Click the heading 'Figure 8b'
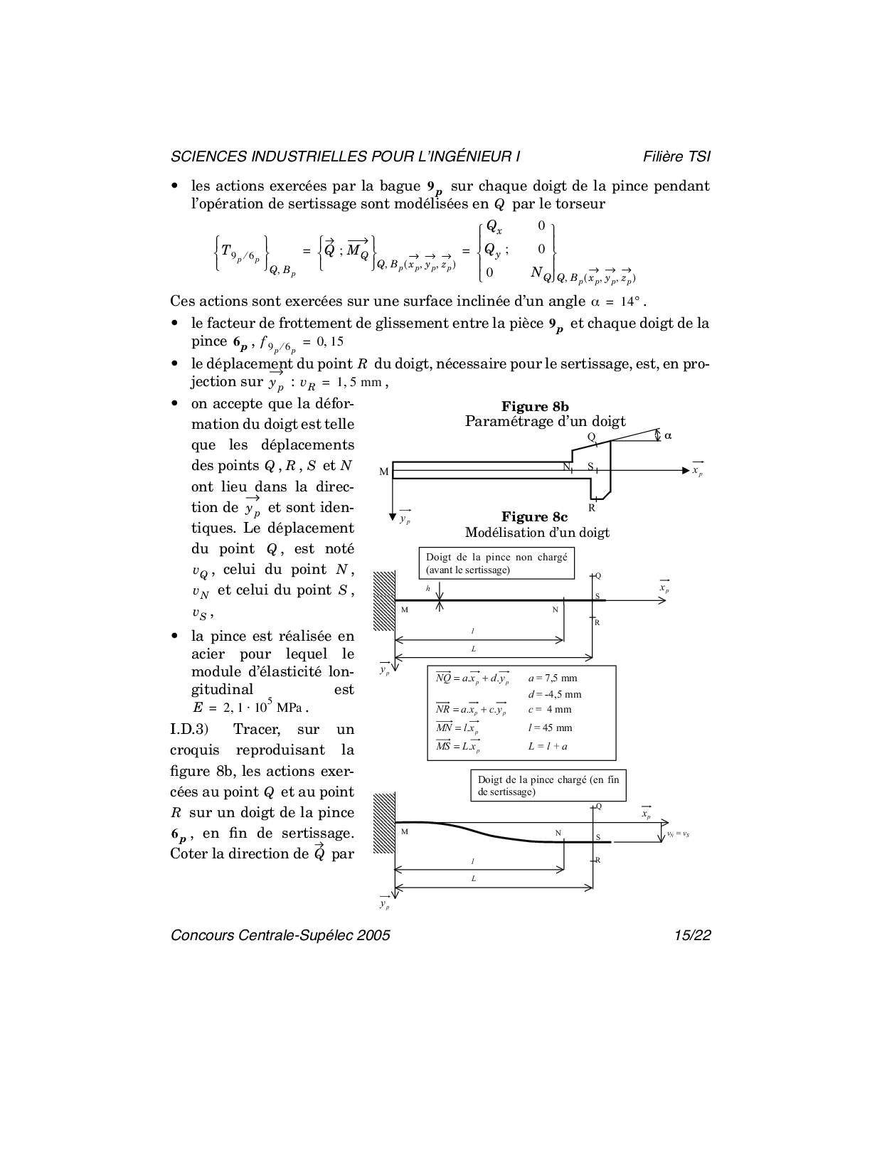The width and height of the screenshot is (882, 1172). [x=535, y=407]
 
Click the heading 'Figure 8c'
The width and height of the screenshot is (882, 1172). [x=534, y=517]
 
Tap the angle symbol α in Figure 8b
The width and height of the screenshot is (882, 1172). [x=668, y=435]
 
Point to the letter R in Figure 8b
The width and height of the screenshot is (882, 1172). [x=591, y=508]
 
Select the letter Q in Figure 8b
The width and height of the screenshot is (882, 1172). [x=591, y=437]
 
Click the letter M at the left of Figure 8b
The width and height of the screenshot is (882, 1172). [x=385, y=472]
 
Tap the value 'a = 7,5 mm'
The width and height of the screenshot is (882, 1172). [x=553, y=678]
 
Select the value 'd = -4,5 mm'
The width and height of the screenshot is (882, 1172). [x=554, y=694]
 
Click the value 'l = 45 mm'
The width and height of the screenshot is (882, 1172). [x=550, y=728]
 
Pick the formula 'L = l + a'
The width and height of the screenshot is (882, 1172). [x=548, y=746]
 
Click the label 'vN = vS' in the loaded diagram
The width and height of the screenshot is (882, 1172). [x=677, y=834]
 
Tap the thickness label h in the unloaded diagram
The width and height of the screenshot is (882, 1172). [x=428, y=589]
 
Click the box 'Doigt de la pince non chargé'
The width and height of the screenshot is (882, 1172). [x=496, y=563]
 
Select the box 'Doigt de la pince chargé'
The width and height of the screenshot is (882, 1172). [x=548, y=785]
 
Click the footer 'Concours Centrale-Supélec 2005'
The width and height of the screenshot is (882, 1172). [x=280, y=936]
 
